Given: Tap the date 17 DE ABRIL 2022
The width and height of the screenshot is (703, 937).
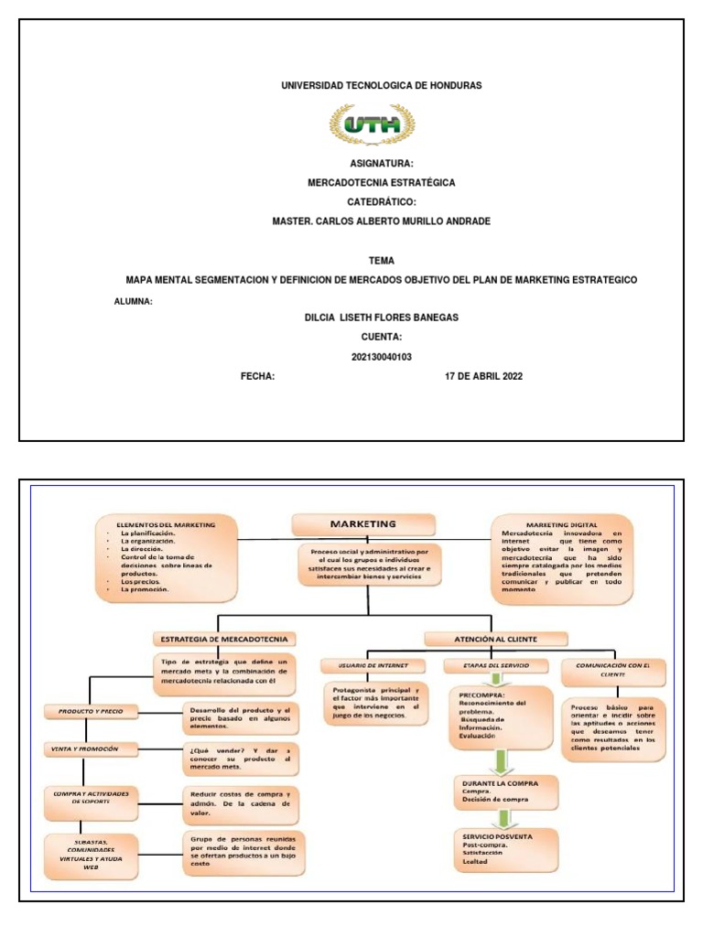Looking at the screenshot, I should pyautogui.click(x=483, y=376).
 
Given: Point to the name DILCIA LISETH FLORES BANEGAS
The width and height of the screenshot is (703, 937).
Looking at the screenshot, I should pyautogui.click(x=381, y=318).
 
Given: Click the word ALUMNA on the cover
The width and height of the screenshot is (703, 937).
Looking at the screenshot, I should pyautogui.click(x=133, y=300).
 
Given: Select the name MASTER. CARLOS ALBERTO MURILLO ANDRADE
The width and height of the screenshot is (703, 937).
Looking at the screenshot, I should pyautogui.click(x=382, y=221).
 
